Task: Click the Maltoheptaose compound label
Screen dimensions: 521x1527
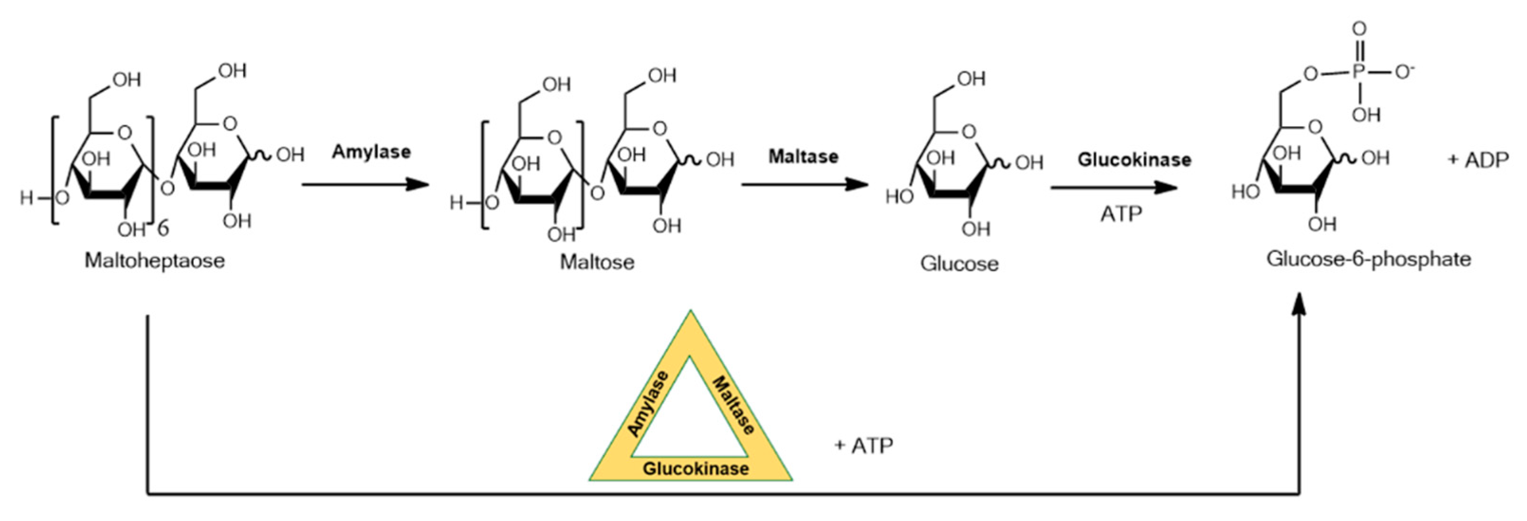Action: [x=155, y=261]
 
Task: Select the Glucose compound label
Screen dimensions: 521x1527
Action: [x=959, y=264]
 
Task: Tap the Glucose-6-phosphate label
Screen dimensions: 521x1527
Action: [x=1369, y=259]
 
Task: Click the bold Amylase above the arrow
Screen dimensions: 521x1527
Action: [x=371, y=152]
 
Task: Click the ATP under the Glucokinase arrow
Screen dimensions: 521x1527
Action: [x=1121, y=214]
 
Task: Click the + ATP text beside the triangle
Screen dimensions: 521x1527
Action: [x=864, y=445]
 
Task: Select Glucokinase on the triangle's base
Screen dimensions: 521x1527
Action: [x=695, y=469]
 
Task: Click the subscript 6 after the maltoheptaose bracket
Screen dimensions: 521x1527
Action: [x=163, y=227]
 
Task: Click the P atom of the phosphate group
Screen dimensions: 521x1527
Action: [x=1359, y=73]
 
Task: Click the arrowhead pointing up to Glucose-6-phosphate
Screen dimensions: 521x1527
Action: [x=1299, y=303]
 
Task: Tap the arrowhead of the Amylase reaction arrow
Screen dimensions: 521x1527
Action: [x=418, y=184]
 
